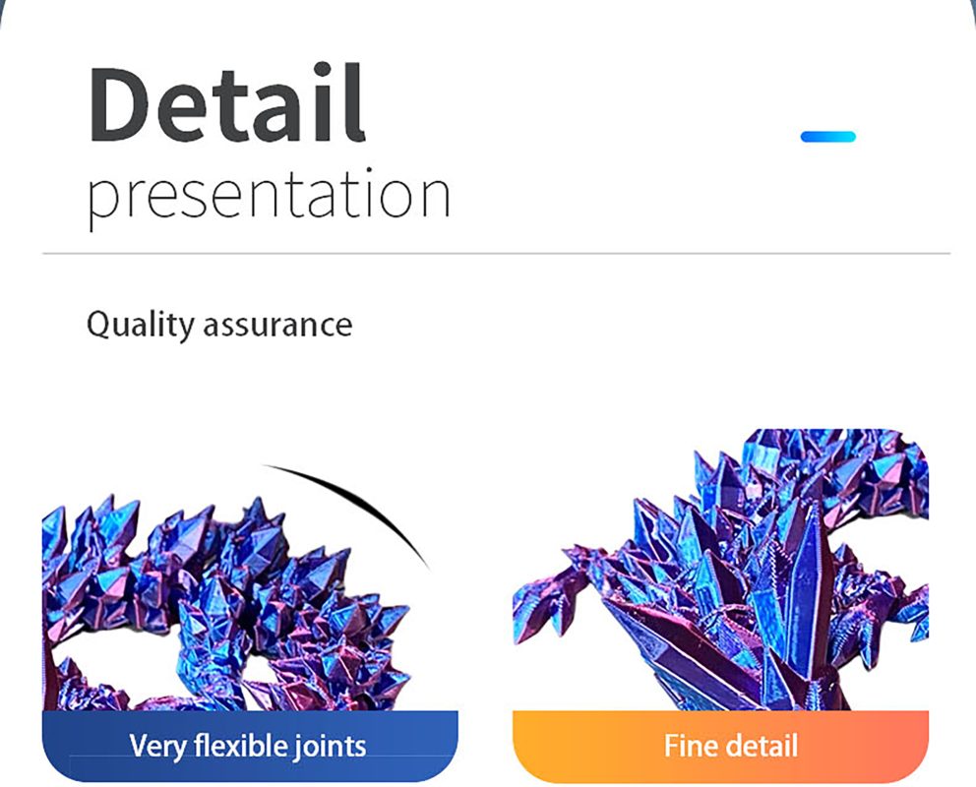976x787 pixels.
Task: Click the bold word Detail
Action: [226, 102]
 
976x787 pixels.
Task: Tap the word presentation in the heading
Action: [269, 196]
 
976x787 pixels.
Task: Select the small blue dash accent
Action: [827, 137]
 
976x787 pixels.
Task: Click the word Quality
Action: [140, 325]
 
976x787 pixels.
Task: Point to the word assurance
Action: [277, 326]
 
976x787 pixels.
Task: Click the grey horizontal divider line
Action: [496, 253]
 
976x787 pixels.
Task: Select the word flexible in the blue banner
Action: [241, 745]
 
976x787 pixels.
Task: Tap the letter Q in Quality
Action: [98, 326]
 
